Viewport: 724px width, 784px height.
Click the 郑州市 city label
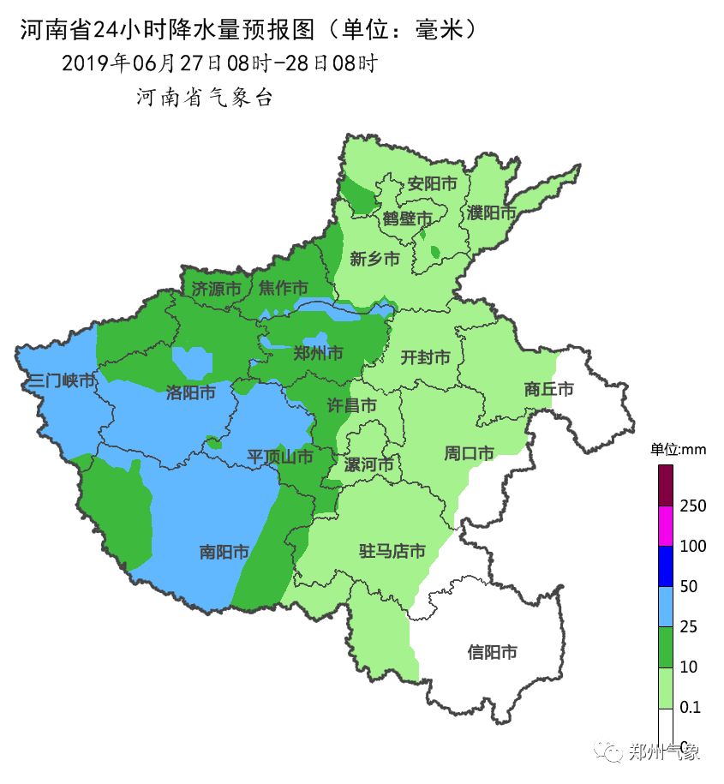[x=318, y=352]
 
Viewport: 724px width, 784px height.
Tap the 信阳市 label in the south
[x=492, y=652]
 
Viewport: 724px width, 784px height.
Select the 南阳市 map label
[x=224, y=552]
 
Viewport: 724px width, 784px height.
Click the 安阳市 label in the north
[x=432, y=184]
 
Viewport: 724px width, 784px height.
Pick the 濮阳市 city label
[x=492, y=212]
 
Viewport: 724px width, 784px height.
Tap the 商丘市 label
[x=548, y=389]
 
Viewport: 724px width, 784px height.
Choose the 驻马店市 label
[x=392, y=551]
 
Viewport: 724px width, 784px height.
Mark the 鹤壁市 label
[x=408, y=218]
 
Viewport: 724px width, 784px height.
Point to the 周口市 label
[x=469, y=452]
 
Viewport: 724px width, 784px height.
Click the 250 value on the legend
[x=692, y=506]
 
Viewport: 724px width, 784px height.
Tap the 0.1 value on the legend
[x=690, y=708]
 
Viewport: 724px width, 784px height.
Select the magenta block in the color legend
[x=666, y=526]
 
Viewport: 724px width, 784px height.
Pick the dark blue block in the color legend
[x=666, y=566]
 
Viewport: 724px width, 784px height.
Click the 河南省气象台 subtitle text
[x=205, y=98]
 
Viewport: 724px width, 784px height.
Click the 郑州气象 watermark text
[x=665, y=752]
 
